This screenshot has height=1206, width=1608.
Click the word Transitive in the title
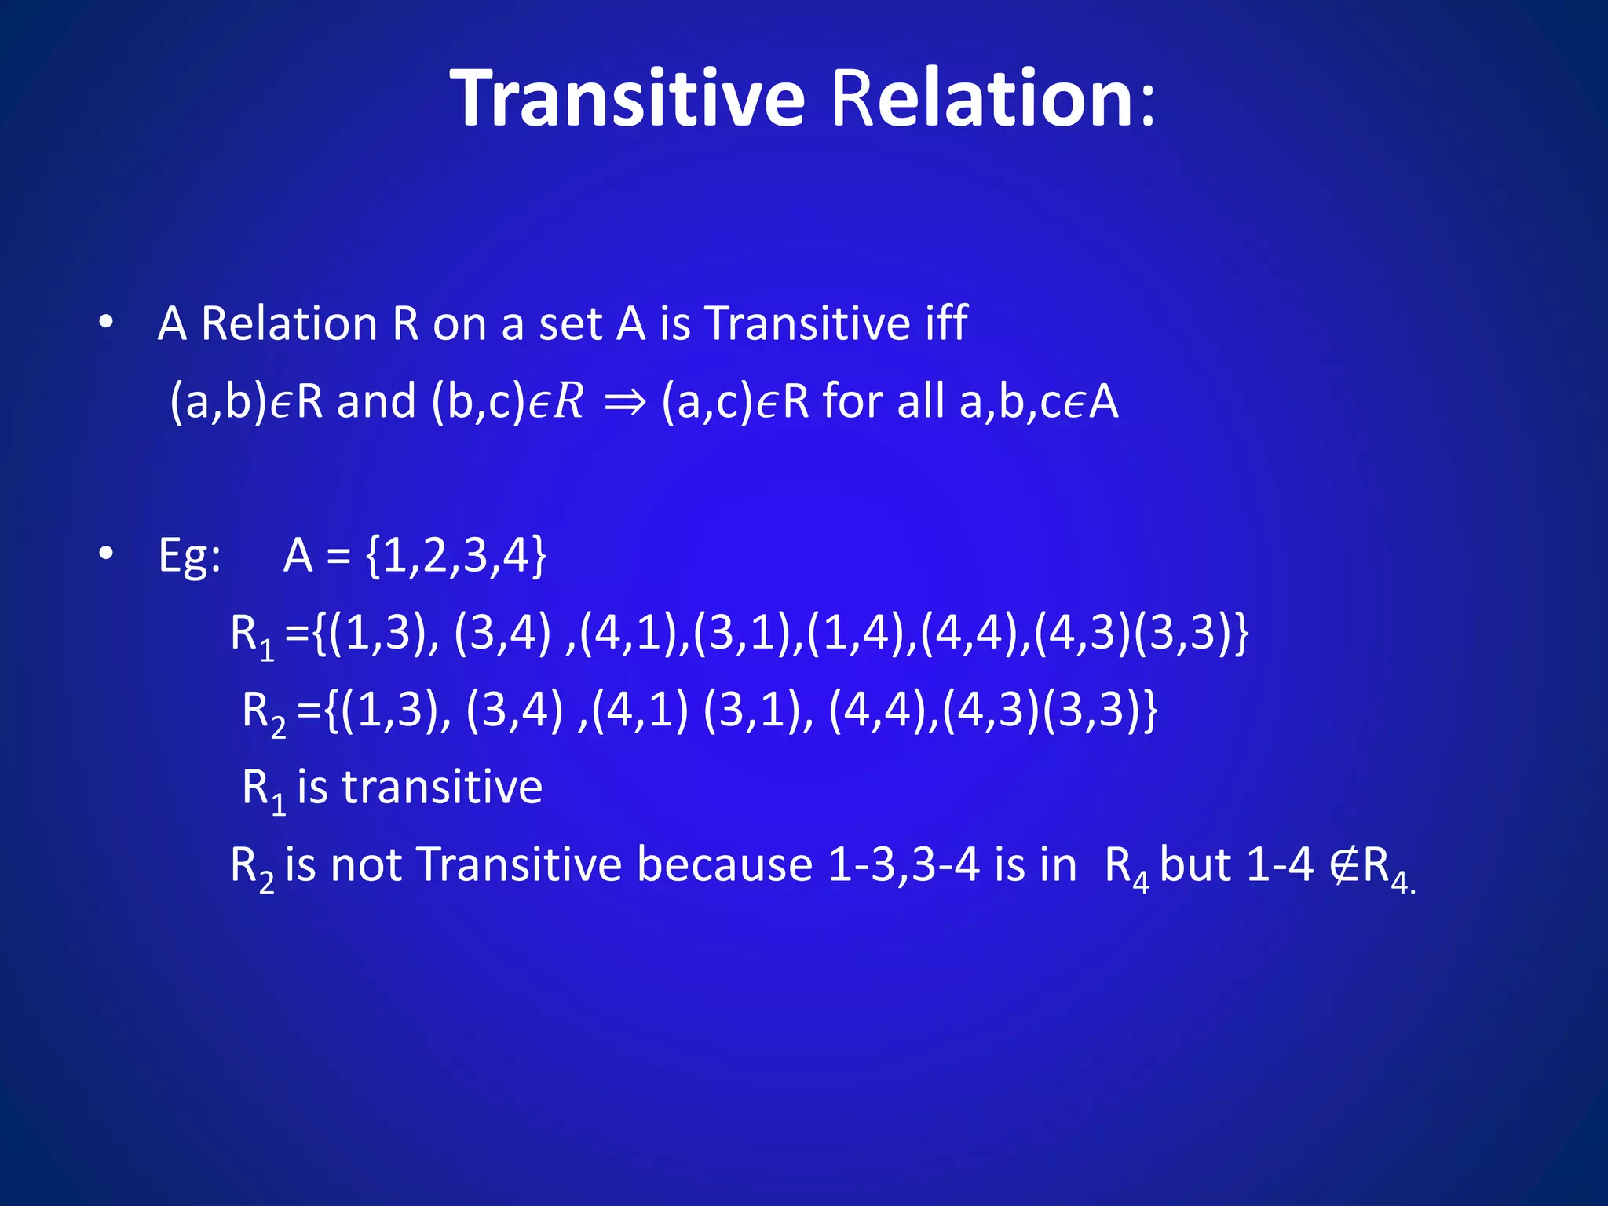coord(627,98)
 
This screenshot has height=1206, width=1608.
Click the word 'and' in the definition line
coord(376,401)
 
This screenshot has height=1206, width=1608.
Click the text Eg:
coord(189,556)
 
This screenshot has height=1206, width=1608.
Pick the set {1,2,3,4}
coord(455,556)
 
